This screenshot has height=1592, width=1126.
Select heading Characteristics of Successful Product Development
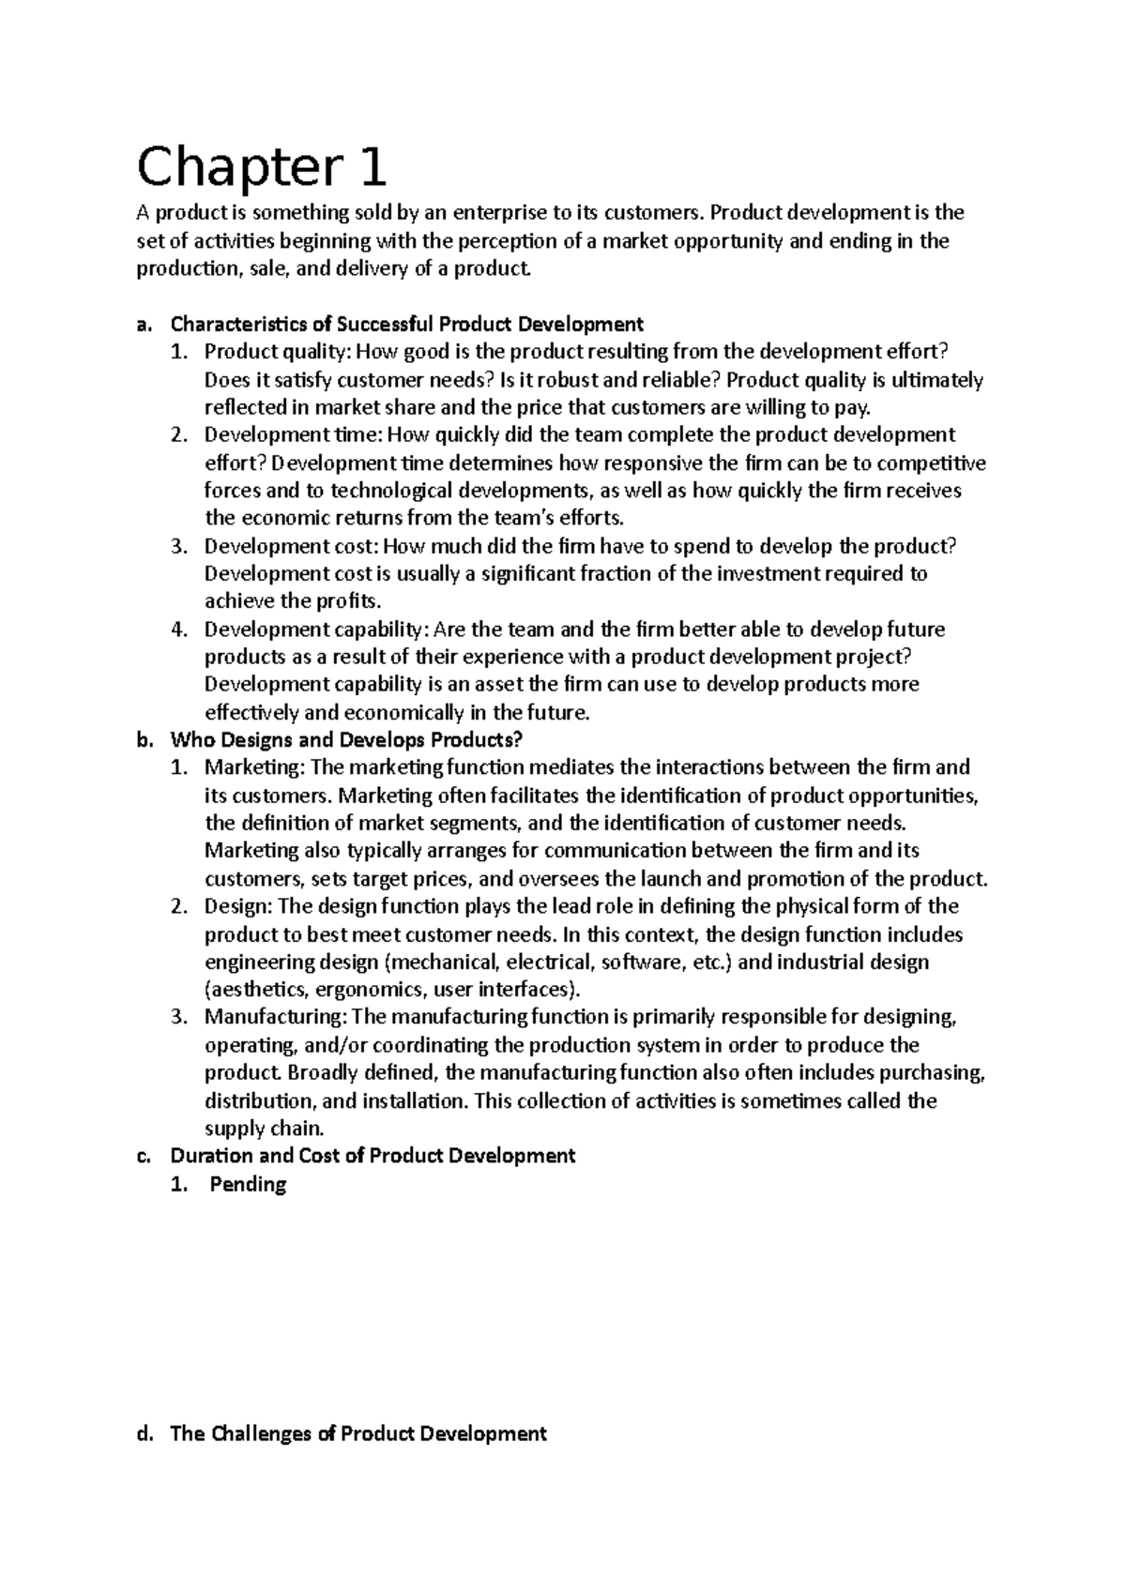click(405, 325)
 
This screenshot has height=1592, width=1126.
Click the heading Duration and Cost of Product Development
click(372, 1155)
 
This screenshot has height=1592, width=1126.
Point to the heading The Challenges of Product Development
click(358, 1433)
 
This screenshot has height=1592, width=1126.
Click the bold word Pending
click(248, 1184)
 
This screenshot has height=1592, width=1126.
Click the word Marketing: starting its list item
click(254, 767)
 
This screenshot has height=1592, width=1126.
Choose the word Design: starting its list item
click(238, 906)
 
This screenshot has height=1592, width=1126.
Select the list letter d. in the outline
click(145, 1433)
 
